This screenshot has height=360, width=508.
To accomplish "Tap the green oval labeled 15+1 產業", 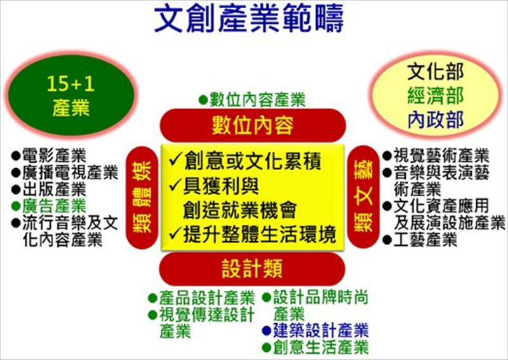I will point(71,95).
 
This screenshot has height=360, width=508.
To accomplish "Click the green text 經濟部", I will point(438,95).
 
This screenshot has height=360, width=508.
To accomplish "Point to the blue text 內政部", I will point(438,117).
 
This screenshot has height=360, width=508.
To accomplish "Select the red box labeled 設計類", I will point(252,269).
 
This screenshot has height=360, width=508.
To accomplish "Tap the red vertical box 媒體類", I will point(142,197).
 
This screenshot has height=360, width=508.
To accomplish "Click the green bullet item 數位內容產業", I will point(252,100).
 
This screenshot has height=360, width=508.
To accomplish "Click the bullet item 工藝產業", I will point(420,240).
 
